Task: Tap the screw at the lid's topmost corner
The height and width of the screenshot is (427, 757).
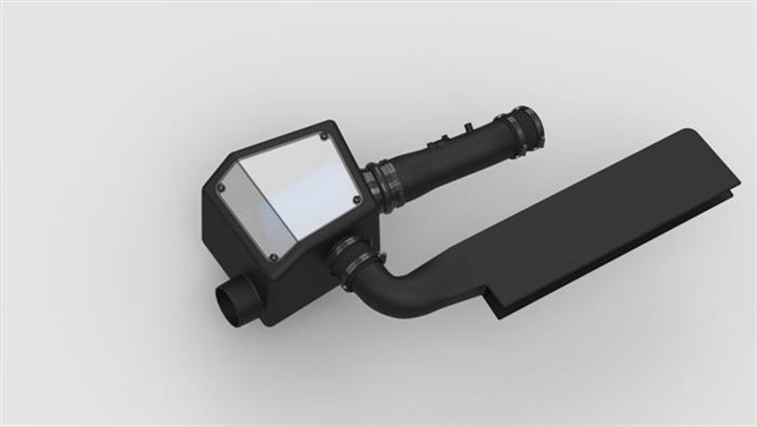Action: coord(325,135)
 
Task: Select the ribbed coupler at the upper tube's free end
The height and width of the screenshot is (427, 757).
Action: coord(523,124)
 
